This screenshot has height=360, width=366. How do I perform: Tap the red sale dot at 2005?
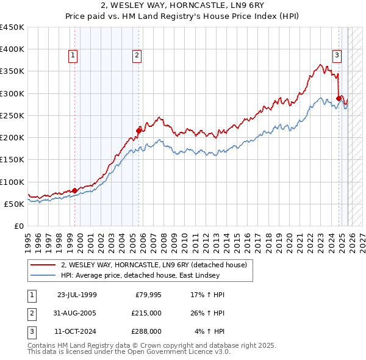tap(139, 130)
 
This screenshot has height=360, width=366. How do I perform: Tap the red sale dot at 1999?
tap(75, 190)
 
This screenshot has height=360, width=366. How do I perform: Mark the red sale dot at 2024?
tap(339, 98)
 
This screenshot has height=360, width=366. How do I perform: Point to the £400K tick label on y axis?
tap(12, 49)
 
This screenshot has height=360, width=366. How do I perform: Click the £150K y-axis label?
tap(12, 160)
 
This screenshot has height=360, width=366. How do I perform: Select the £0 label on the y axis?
tap(18, 226)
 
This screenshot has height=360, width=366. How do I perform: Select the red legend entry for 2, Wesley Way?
tap(154, 265)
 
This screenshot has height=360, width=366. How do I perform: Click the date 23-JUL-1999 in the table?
tap(77, 295)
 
